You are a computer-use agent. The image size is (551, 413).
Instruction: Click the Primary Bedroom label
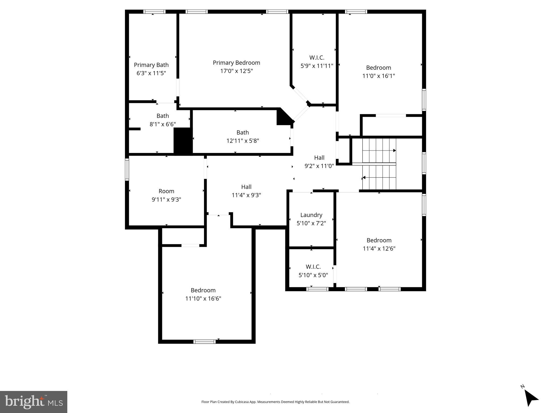[236, 63]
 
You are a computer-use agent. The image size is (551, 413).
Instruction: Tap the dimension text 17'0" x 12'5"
[236, 71]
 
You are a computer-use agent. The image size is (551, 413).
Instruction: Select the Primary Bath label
[151, 65]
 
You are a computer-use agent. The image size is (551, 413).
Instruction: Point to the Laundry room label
[311, 215]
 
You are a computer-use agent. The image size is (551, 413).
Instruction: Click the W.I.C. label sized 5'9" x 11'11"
[317, 58]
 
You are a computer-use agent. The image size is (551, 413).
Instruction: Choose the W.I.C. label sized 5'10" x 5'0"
[313, 267]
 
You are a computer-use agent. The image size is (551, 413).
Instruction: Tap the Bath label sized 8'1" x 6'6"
[163, 116]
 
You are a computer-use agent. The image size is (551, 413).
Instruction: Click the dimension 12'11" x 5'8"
[243, 141]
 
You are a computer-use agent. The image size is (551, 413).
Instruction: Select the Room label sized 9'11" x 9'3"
[166, 191]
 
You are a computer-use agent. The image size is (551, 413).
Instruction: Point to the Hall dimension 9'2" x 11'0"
[319, 166]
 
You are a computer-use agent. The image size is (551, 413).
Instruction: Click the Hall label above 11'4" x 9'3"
[246, 187]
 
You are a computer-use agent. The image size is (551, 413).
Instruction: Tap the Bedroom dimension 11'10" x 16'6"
[203, 298]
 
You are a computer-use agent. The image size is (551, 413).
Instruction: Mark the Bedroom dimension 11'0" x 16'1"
[378, 76]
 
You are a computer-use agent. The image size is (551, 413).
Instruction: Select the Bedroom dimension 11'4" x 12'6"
[379, 248]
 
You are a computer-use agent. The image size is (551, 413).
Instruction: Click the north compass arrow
[531, 398]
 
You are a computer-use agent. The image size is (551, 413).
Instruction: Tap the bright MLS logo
[34, 402]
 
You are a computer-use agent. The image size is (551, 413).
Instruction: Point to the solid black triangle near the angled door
[283, 118]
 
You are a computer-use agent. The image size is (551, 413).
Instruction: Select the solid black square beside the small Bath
[183, 141]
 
